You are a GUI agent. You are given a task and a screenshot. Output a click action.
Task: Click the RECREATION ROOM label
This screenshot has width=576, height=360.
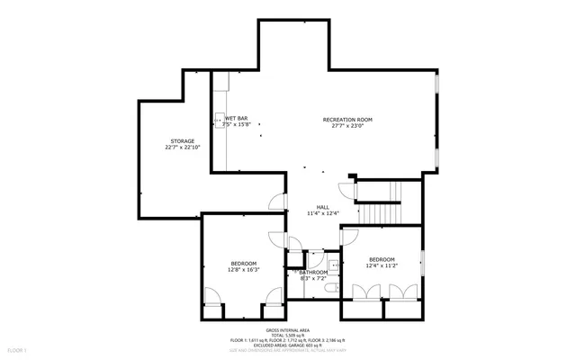pos(347,120)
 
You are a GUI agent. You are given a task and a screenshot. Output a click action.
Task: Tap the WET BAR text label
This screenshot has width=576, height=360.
pos(237,119)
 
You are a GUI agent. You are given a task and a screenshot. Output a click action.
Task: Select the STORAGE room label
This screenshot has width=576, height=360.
pos(182,141)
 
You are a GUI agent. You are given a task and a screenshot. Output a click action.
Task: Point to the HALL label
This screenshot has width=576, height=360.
pos(322,207)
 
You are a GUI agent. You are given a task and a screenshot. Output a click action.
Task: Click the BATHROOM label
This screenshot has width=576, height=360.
pos(314,272)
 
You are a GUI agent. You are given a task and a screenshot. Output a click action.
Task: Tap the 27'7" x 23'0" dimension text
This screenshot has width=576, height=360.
pos(347,126)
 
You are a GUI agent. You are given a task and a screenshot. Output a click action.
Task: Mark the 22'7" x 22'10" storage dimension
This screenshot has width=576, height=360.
pos(182,148)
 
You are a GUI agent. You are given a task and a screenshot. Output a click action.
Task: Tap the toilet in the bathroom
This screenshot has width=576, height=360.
pos(331,286)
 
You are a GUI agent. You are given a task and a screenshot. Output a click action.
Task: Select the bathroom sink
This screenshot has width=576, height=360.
pos(331,264)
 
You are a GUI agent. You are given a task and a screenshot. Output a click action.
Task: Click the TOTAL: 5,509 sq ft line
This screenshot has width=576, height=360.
pos(288,336)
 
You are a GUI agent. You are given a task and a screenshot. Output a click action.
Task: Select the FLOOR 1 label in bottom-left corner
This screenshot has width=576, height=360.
pos(17,349)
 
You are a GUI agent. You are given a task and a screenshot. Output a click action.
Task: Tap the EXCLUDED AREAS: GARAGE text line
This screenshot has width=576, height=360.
pos(288,345)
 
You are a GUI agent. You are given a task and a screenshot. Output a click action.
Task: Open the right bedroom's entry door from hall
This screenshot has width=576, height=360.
pos(349,237)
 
